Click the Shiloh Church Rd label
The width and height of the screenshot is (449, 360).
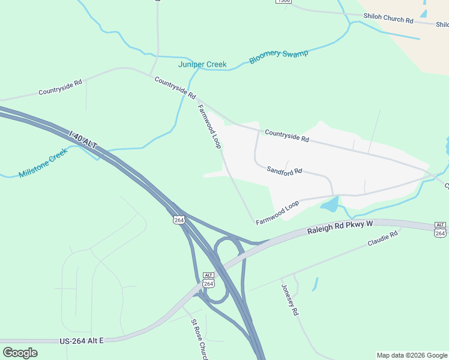pos(388,19)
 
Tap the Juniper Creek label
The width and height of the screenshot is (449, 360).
pos(202,64)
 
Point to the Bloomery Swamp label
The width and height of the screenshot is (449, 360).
pos(279,58)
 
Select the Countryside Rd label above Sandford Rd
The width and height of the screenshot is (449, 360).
pos(286,136)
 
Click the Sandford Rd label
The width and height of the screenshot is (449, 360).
pos(284,170)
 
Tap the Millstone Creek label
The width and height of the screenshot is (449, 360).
pos(44,164)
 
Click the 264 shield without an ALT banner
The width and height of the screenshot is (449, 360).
pos(179,220)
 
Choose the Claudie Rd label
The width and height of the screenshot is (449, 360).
pos(382,240)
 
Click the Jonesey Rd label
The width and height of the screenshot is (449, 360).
pos(289,299)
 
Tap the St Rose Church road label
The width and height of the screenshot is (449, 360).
pos(199,340)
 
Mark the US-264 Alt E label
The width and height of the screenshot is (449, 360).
pos(82,341)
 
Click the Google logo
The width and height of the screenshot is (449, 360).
pos(20,352)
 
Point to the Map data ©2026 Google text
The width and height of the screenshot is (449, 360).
pos(411,355)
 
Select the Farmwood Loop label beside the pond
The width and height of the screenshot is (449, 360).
pos(277,213)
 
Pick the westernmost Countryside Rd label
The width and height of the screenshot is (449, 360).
pos(60,88)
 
